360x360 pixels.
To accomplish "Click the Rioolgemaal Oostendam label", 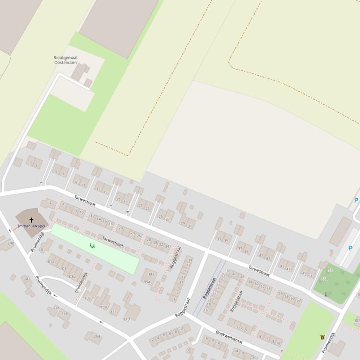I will [x=66, y=60].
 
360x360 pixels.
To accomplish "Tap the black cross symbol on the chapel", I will [x=32, y=220].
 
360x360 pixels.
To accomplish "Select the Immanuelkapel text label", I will [x=32, y=226].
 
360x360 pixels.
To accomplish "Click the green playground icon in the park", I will [x=92, y=245].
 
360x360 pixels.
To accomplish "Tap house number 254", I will [x=97, y=336].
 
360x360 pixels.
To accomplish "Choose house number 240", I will [x=11, y=243].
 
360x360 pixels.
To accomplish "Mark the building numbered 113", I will [x=126, y=319].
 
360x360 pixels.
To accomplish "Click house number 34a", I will [x=151, y=274].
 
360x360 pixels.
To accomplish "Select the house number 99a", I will [x=147, y=282].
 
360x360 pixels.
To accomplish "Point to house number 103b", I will [x=71, y=277].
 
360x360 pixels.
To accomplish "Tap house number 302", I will [x=357, y=321].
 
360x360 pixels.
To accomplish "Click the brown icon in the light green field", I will [x=323, y=337].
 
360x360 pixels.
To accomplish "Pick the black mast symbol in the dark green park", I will [x=326, y=294].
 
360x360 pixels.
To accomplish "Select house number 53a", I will [x=324, y=279].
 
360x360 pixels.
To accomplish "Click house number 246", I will [x=57, y=308].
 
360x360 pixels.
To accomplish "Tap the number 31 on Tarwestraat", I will [x=190, y=226].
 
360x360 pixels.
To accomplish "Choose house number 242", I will [x=27, y=279].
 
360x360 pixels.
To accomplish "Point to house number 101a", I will [x=50, y=262].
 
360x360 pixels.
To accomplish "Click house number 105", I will [x=88, y=298].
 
